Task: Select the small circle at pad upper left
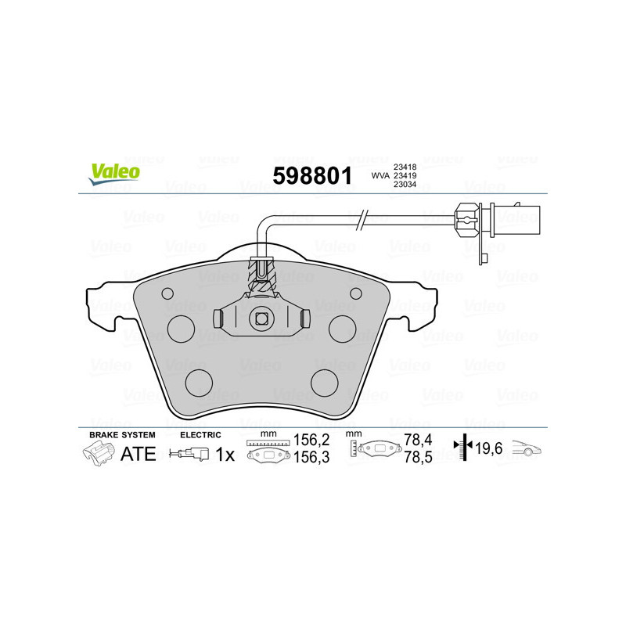pyautogui.click(x=167, y=293)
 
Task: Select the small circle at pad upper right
pyautogui.click(x=356, y=293)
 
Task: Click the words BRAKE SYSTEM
pyautogui.click(x=122, y=434)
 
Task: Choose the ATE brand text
pyautogui.click(x=139, y=454)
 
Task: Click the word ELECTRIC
pyautogui.click(x=201, y=434)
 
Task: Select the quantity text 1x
pyautogui.click(x=225, y=454)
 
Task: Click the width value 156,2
pyautogui.click(x=308, y=441)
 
